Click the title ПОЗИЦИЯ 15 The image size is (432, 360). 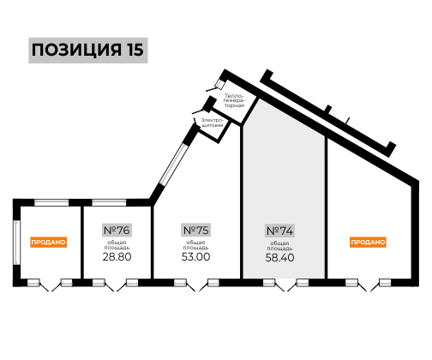87,50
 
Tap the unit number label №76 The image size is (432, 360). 117,230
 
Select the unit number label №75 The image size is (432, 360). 195,230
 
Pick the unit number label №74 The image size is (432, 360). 279,231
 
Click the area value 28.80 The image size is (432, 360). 117,256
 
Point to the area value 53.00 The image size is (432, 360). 195,256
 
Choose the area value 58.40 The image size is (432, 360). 279,257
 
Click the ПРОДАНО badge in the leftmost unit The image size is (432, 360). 48,242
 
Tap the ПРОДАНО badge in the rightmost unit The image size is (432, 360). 368,242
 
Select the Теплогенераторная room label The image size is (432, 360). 234,100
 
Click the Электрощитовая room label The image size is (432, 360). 212,123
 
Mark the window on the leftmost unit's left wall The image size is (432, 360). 16,243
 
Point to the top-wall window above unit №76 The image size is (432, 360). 109,202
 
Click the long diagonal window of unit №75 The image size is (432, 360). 173,164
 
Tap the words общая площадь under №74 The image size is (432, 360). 279,246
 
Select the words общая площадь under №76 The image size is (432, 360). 117,245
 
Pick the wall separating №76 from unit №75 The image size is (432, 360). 153,242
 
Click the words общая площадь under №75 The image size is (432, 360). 195,245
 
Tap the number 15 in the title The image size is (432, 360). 135,50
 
